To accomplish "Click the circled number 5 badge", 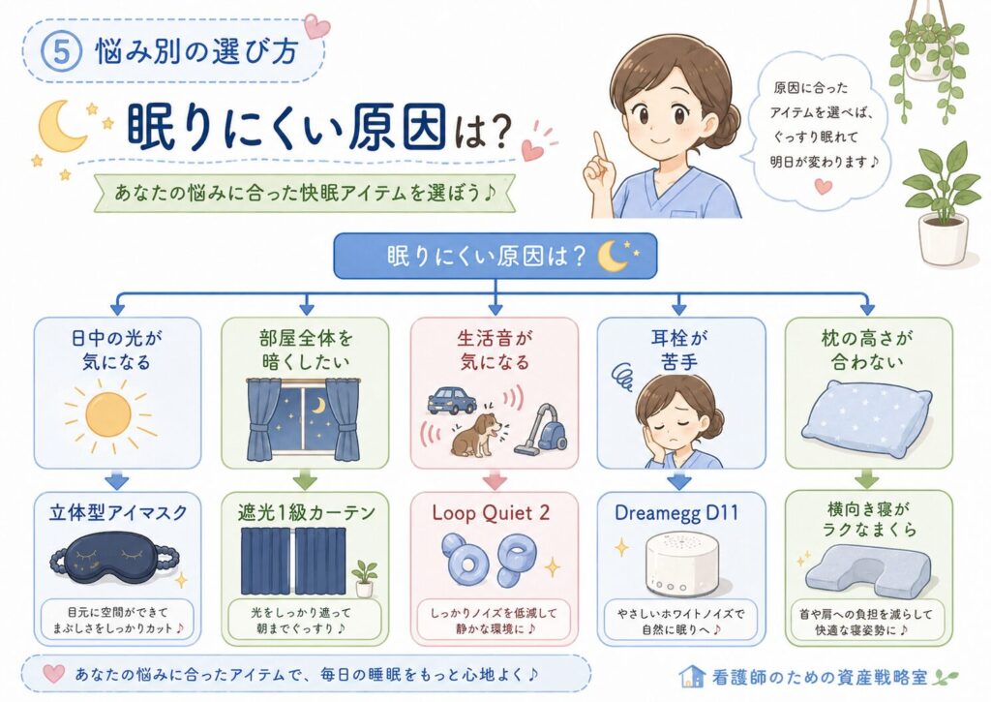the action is click(61, 51).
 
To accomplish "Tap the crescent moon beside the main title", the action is click(61, 126).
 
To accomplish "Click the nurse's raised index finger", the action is click(599, 148).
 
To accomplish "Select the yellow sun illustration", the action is click(108, 414).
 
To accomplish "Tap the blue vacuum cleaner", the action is click(542, 429).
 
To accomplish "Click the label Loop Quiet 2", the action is click(491, 512).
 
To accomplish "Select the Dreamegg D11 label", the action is click(676, 512).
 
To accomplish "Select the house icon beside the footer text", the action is click(692, 677).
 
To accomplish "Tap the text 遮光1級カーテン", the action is click(307, 512).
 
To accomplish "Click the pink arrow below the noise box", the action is click(495, 480).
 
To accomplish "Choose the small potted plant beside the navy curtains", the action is click(365, 579).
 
